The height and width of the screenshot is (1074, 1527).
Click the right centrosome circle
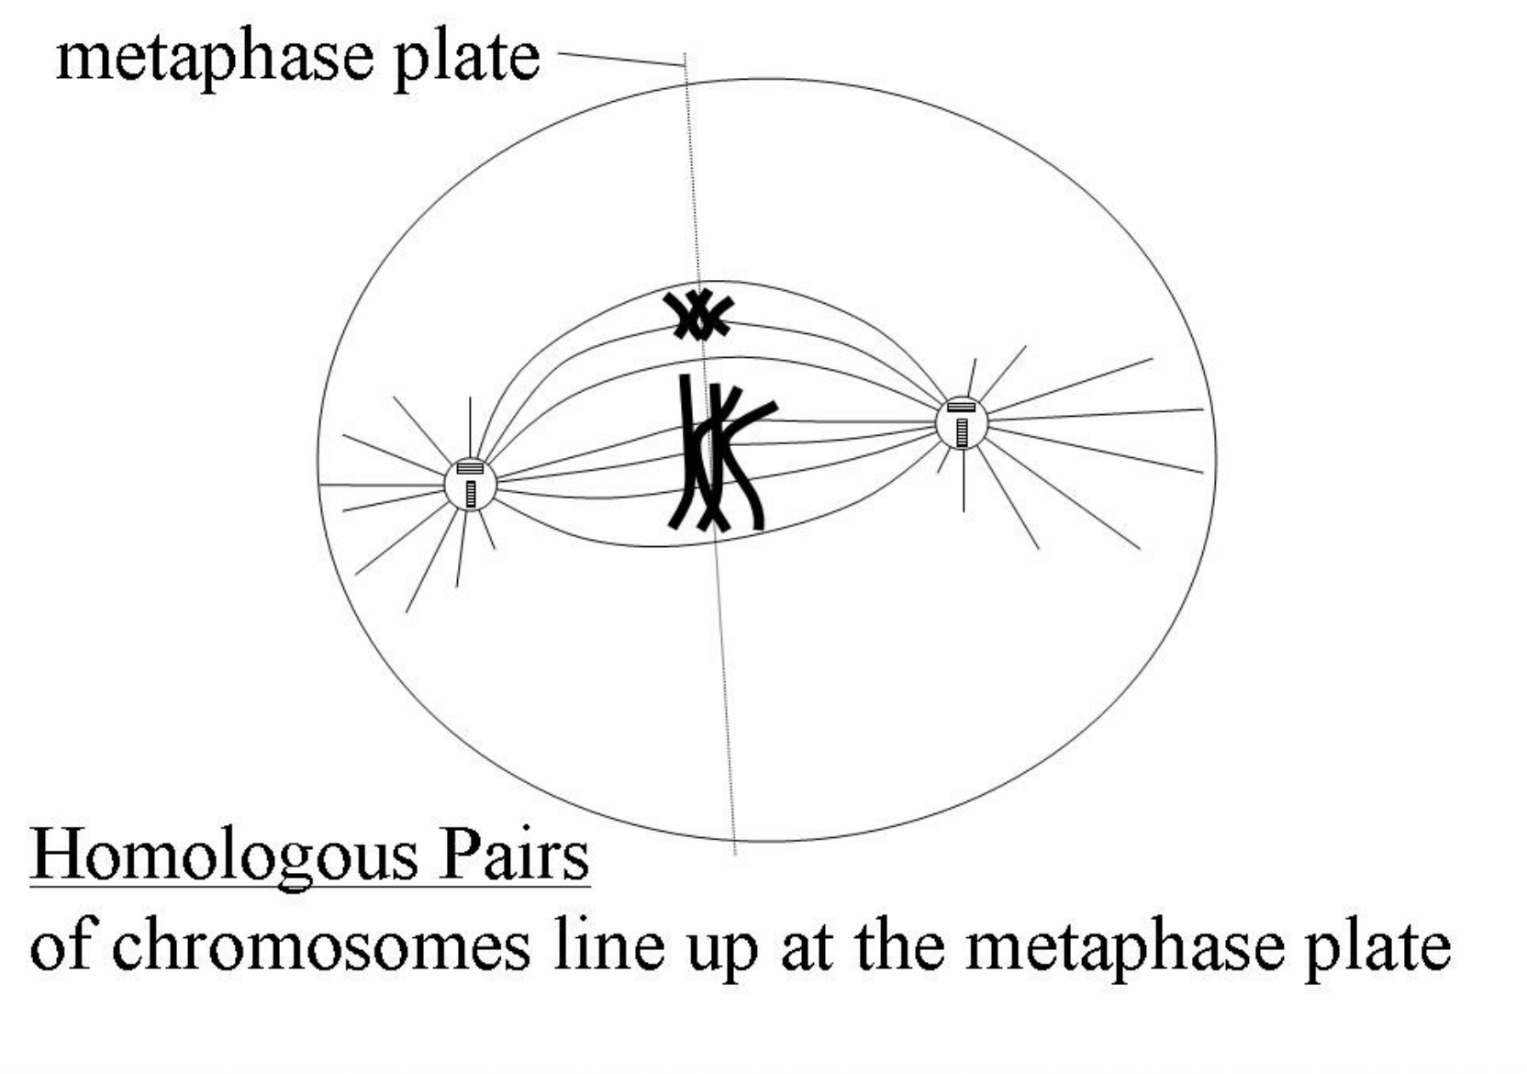click(961, 423)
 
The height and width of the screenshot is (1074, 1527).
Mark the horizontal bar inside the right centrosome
click(961, 407)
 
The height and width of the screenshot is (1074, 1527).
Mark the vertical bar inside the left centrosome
click(471, 494)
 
